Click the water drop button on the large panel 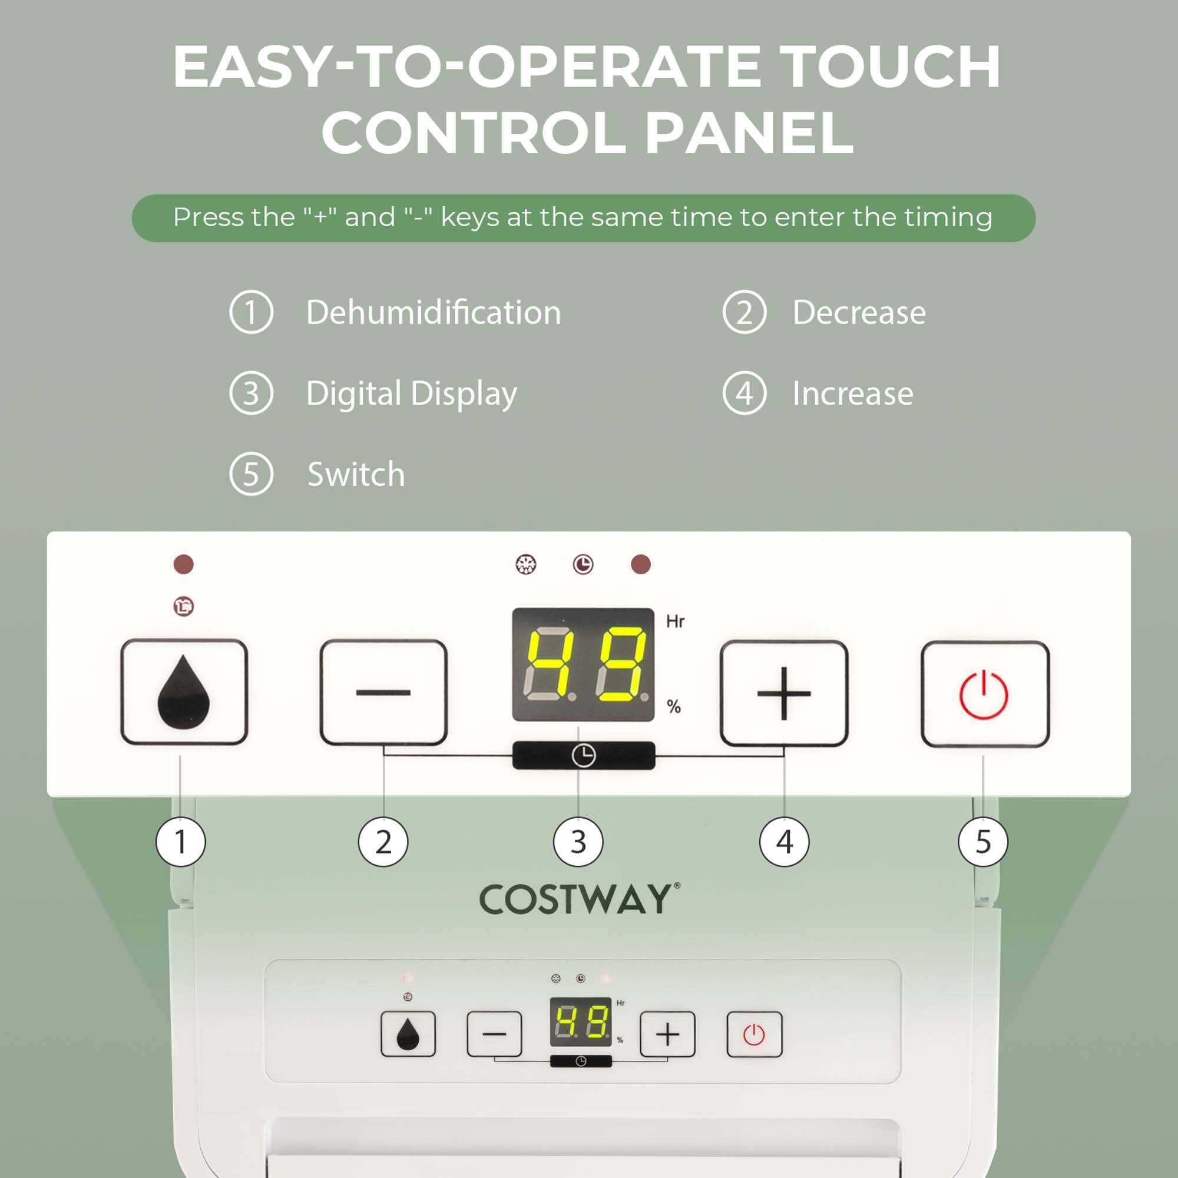184,692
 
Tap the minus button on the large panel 383,693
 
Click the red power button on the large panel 984,694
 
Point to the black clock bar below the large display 584,756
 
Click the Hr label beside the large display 675,621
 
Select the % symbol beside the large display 673,707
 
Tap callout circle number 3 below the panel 578,842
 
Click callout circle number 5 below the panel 983,842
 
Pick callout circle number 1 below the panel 180,842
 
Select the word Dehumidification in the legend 433,313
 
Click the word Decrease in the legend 859,313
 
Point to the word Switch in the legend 356,474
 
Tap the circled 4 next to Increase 744,393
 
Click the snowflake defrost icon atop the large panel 525,565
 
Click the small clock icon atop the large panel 583,565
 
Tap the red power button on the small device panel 755,1035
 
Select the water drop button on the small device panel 408,1034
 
